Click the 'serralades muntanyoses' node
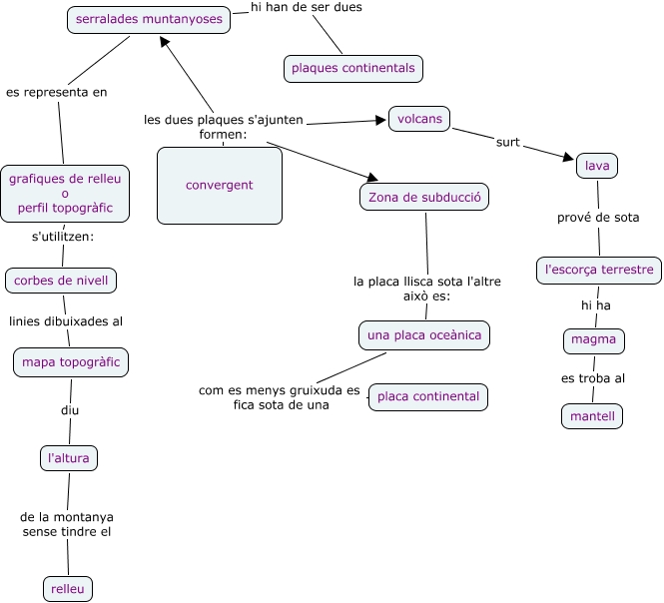click(149, 19)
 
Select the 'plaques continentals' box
click(352, 69)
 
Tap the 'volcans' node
click(419, 119)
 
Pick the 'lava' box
click(597, 166)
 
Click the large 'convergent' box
click(219, 186)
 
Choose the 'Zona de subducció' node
click(424, 198)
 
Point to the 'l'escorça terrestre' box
click(599, 270)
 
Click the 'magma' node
click(593, 340)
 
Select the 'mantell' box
click(592, 415)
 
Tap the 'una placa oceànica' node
click(424, 335)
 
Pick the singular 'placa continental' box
click(428, 397)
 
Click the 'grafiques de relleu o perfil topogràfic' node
click(65, 194)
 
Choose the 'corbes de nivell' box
click(61, 281)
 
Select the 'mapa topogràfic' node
click(71, 361)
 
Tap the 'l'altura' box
click(69, 458)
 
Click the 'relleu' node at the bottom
click(68, 589)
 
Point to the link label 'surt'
click(508, 142)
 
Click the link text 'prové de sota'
click(598, 218)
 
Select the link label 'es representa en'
click(57, 92)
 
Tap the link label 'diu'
click(69, 410)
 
